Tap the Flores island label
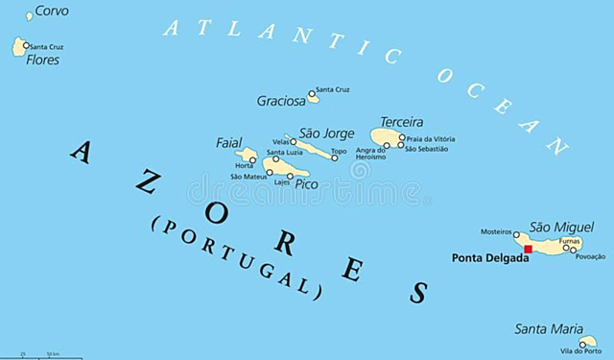[x=43, y=60]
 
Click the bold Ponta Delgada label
[x=490, y=258]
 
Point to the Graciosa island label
[x=280, y=100]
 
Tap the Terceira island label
[x=401, y=122]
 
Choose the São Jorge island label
[x=327, y=133]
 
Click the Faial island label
[x=229, y=143]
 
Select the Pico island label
[x=306, y=183]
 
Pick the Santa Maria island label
[x=548, y=329]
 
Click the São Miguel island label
[x=561, y=227]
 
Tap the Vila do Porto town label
[x=581, y=351]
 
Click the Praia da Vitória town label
[x=429, y=138]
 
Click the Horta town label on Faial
[x=245, y=165]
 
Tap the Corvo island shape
[x=29, y=15]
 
